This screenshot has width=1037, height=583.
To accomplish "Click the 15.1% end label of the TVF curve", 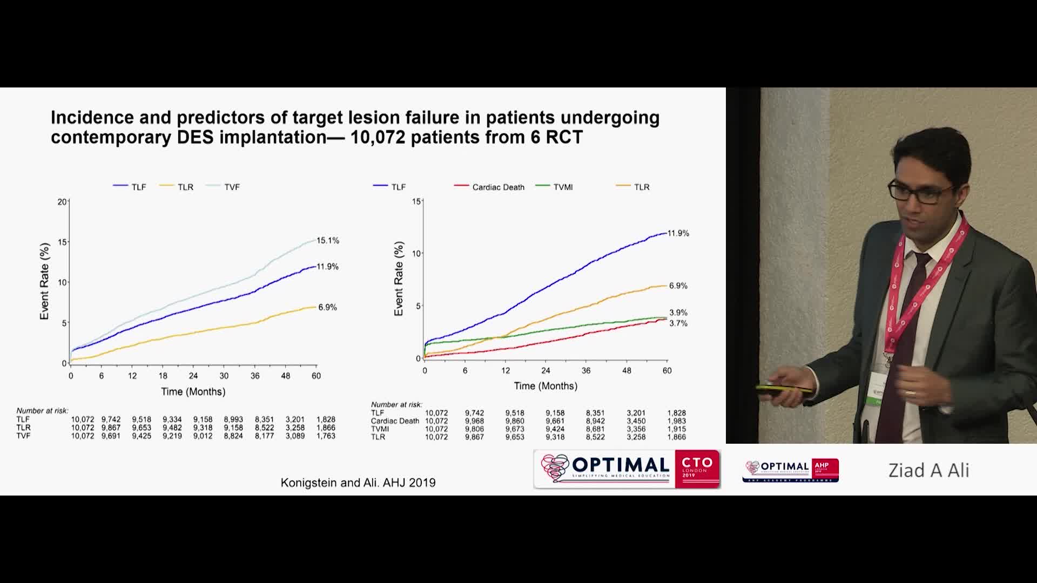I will point(327,241).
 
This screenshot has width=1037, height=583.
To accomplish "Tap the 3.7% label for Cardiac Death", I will point(678,323).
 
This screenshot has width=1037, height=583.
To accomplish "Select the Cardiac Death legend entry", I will point(497,187).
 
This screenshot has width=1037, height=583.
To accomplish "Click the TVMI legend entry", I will point(562,187).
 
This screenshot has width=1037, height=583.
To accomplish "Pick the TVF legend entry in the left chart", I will point(231,187).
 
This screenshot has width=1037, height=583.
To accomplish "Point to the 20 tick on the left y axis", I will point(62,202).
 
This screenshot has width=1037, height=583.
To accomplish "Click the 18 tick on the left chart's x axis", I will point(163,376).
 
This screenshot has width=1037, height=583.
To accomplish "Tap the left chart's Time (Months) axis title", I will point(193,392).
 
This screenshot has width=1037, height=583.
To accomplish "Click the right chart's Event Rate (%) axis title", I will point(399,279).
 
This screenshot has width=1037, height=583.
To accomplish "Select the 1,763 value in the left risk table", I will point(326,436).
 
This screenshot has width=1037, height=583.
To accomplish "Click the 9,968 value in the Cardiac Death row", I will point(474,421).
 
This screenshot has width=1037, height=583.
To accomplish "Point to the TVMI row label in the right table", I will point(380,429).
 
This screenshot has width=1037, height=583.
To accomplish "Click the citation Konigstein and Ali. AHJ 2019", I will point(358,483).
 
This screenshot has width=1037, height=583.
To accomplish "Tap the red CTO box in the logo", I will point(697,469).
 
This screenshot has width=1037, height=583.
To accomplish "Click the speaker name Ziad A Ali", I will point(928,471).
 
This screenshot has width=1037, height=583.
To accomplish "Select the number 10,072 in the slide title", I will point(378,137).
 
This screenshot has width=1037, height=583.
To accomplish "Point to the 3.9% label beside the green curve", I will point(678,313).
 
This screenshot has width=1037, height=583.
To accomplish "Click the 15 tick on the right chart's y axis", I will point(416,202).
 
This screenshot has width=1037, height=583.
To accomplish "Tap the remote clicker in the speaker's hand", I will point(783,389).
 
